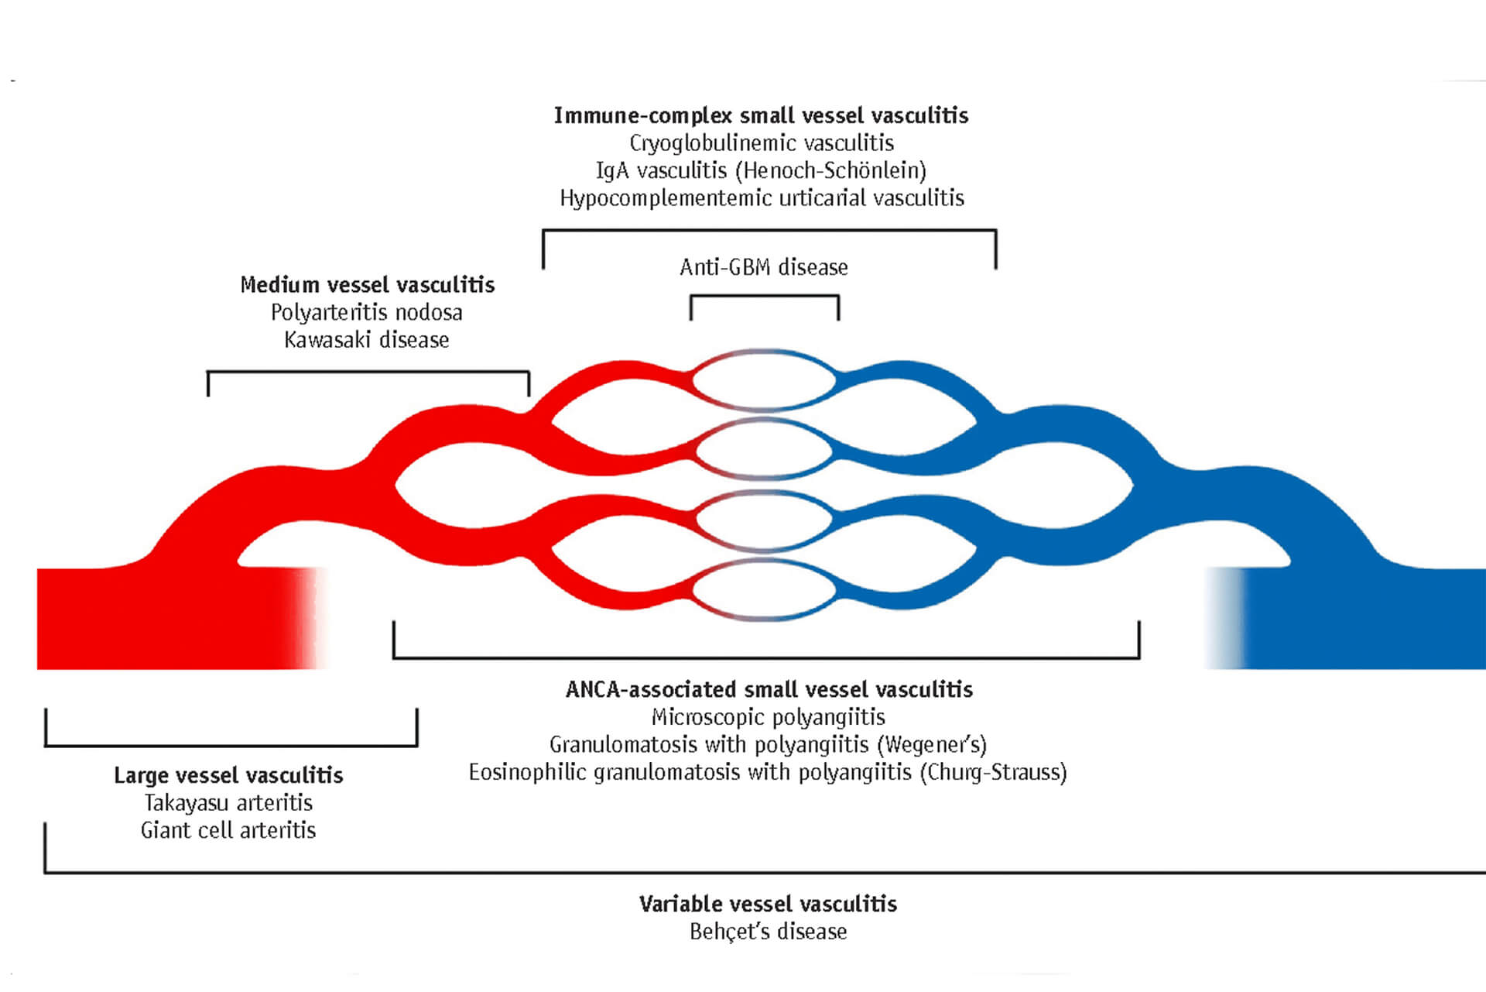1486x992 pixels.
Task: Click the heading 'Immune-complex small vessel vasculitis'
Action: [x=761, y=116]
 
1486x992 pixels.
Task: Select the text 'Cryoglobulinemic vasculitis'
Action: [x=762, y=143]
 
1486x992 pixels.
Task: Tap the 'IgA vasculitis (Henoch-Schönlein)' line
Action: [x=761, y=170]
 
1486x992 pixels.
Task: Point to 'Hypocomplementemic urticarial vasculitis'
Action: [x=762, y=198]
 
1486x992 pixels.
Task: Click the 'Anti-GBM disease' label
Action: [x=764, y=267]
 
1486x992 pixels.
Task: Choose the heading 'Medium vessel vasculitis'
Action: [x=368, y=285]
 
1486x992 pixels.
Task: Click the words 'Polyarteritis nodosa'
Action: [x=367, y=313]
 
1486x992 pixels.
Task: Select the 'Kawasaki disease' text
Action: [x=367, y=340]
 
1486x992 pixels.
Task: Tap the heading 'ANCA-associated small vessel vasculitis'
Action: [x=769, y=690]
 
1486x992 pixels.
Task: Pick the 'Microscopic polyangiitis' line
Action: [x=769, y=717]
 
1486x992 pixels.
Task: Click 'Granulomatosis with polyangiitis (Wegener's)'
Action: [x=768, y=745]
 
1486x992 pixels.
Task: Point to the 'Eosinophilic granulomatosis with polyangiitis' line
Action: [x=768, y=773]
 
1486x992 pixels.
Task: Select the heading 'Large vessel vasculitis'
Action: [x=228, y=776]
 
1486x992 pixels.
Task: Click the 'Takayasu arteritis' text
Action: [x=228, y=803]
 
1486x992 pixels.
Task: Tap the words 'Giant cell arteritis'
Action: [x=228, y=831]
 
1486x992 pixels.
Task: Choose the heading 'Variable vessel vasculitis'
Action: [x=768, y=904]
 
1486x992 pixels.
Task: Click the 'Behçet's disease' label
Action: [x=768, y=932]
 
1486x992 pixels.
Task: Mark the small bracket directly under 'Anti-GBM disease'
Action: [x=765, y=297]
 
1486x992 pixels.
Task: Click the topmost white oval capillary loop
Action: [x=764, y=380]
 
